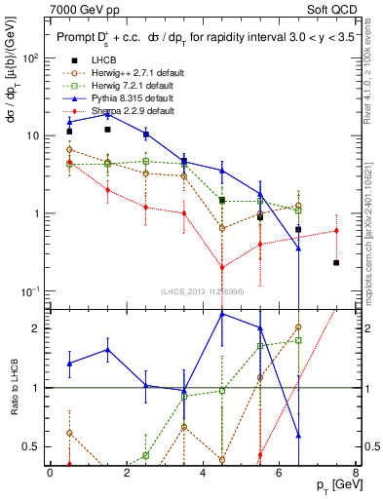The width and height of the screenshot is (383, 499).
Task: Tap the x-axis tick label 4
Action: click(x=203, y=472)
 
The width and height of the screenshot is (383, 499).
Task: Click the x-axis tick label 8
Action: click(x=356, y=472)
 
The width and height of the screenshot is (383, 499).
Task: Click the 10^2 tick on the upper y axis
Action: click(x=32, y=58)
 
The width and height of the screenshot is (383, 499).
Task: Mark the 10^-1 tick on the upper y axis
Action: click(x=32, y=291)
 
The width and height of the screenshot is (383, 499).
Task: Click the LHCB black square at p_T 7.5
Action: click(x=336, y=263)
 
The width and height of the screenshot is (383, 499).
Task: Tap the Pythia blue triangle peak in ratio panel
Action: click(x=222, y=314)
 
